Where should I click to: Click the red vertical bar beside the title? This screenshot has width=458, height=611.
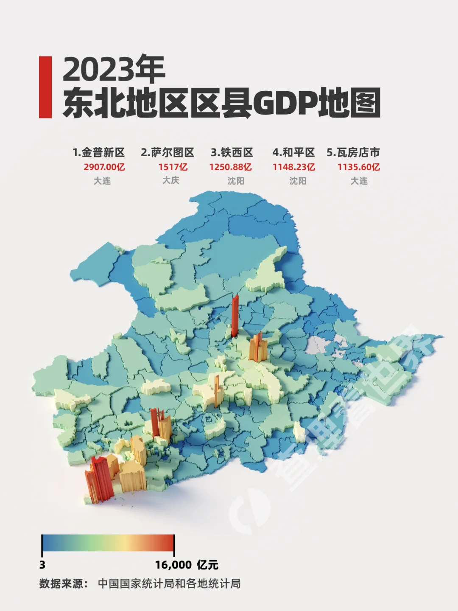[45, 87]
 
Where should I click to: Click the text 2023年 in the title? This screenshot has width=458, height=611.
[114, 70]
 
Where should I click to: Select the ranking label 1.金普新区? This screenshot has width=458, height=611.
[98, 153]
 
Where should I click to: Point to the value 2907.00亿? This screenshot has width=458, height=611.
[104, 167]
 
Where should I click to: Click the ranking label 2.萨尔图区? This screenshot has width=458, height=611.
[167, 153]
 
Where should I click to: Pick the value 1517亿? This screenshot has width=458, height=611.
[173, 167]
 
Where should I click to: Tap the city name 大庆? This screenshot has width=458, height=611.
[171, 180]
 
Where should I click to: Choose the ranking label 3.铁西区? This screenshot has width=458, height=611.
[232, 153]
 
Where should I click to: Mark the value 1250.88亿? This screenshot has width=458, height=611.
[230, 167]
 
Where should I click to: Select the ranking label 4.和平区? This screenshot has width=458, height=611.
[293, 153]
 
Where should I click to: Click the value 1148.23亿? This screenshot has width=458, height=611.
[293, 167]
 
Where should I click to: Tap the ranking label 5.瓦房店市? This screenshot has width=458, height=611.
[353, 153]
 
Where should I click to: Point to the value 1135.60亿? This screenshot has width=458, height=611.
[358, 167]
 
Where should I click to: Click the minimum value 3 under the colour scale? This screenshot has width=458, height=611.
[42, 565]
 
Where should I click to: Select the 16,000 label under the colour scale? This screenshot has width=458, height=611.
[173, 565]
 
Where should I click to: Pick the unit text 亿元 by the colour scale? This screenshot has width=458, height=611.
[207, 565]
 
